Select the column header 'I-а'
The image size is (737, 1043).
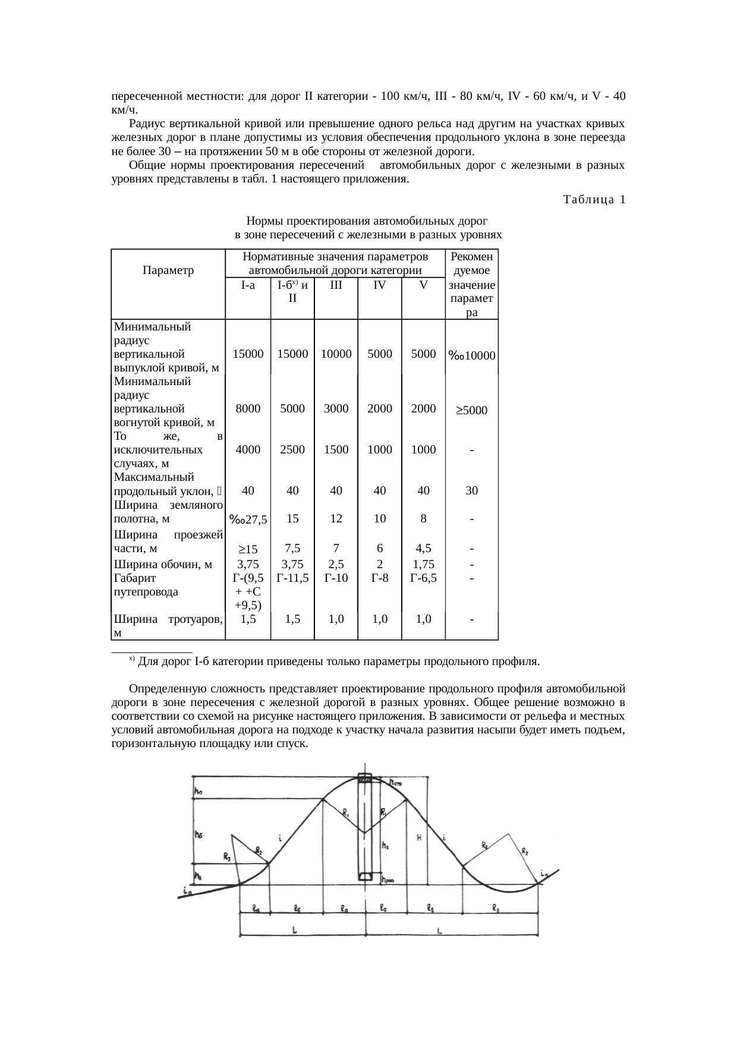(x=248, y=285)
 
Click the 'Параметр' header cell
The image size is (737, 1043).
(x=168, y=270)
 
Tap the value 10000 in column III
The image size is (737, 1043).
(x=336, y=354)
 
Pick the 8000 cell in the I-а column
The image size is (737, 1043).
(x=248, y=409)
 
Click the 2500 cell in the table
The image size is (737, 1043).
(x=292, y=450)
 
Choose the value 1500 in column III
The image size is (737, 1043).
(x=336, y=450)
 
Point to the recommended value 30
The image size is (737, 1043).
(x=471, y=491)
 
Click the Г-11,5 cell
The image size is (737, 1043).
(x=292, y=577)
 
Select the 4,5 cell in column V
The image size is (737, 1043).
(x=423, y=548)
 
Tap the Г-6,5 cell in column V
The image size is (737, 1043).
(x=423, y=577)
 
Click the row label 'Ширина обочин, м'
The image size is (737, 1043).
(x=163, y=565)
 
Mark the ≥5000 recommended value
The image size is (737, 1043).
(x=471, y=410)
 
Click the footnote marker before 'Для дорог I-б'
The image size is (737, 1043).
(x=132, y=659)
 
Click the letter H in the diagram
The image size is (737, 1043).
(x=419, y=839)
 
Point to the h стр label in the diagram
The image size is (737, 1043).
(x=395, y=783)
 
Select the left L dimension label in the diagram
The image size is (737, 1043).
(x=295, y=931)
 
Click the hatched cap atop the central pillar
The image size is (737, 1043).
(x=365, y=779)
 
